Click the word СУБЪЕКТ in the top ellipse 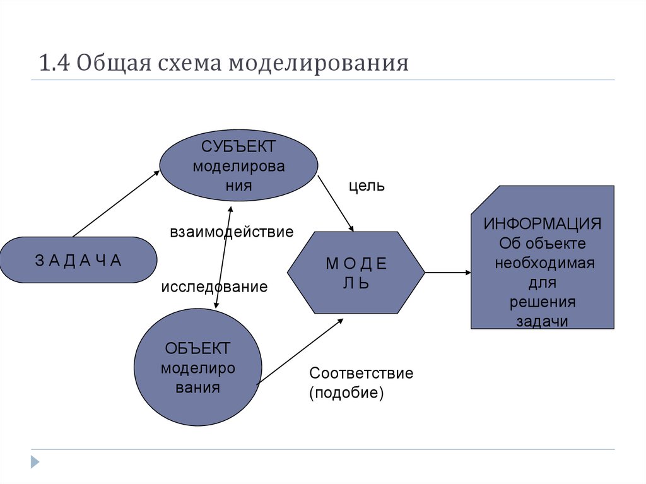238,147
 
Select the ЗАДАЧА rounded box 78,260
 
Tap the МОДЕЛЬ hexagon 356,273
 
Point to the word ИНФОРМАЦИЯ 543,225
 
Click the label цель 367,187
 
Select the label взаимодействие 232,232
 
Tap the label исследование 214,287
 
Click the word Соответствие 361,373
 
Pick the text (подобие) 346,393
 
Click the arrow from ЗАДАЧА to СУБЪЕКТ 116,203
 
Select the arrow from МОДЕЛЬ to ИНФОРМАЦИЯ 448,273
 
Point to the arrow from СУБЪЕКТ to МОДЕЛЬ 335,203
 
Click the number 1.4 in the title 54,64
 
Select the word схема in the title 194,64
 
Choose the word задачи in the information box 543,321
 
